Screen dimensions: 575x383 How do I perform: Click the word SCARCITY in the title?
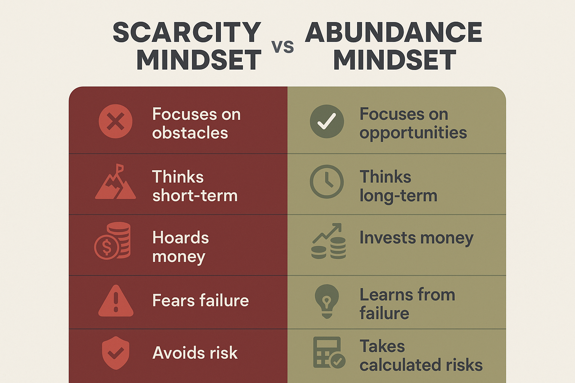coord(187,32)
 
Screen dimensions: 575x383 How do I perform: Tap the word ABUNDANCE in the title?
coord(393,32)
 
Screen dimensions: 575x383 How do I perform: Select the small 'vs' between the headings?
coord(283,48)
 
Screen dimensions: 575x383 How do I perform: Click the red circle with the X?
coord(116,121)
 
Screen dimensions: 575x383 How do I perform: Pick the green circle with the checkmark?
coord(327,121)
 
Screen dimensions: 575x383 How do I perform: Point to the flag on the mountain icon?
coord(120,169)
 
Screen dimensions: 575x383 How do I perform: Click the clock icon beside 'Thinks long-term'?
coord(327,182)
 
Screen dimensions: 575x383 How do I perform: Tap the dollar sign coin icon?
coord(107,247)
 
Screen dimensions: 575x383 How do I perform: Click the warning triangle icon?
coord(116,301)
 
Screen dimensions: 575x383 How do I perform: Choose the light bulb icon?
coord(327,301)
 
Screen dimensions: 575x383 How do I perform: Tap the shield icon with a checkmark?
coord(116,353)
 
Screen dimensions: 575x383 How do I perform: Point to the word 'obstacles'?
coord(190,133)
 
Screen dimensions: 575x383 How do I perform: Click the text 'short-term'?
coord(195,196)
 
